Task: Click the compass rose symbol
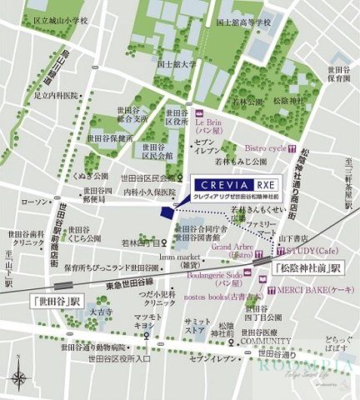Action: point(17,379)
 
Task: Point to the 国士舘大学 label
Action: point(176,62)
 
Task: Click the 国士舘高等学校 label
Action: point(244,23)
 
